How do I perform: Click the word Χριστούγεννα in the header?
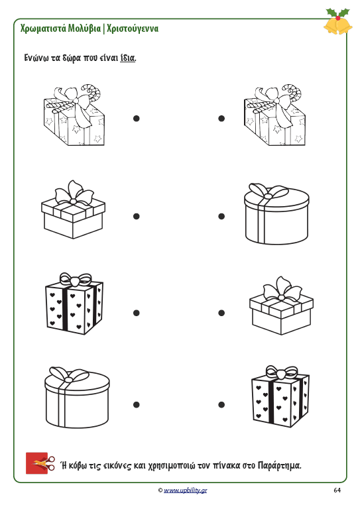click(133, 28)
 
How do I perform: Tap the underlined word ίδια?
click(127, 58)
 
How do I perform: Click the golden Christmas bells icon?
click(338, 21)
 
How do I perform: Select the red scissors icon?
click(40, 463)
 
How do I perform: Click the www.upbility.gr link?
click(185, 490)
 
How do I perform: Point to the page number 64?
click(337, 490)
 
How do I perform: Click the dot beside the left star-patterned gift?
click(137, 119)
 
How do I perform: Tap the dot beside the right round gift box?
click(221, 216)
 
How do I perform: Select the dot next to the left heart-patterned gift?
click(137, 313)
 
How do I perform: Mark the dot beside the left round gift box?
click(137, 404)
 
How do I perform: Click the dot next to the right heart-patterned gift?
click(221, 404)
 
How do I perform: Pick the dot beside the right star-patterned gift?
click(221, 119)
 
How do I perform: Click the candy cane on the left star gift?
click(90, 93)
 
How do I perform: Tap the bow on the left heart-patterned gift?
click(75, 280)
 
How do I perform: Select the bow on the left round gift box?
click(68, 376)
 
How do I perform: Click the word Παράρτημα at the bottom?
click(279, 465)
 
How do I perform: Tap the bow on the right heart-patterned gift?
click(282, 372)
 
